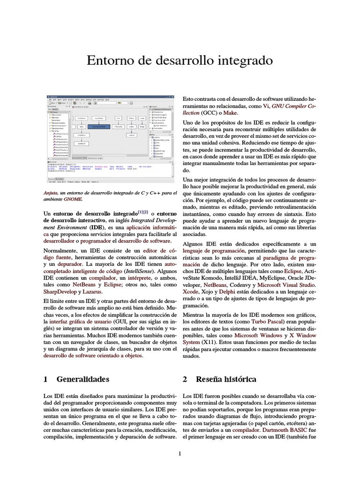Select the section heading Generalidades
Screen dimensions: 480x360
[x=82, y=379]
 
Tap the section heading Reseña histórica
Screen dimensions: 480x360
[x=226, y=379]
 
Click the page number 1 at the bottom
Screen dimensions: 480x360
[x=180, y=453]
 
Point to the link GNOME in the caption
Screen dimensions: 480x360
[x=73, y=199]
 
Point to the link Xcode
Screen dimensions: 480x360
[x=190, y=292]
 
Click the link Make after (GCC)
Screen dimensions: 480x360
[x=231, y=113]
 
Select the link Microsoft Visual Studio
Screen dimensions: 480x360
[x=287, y=285]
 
